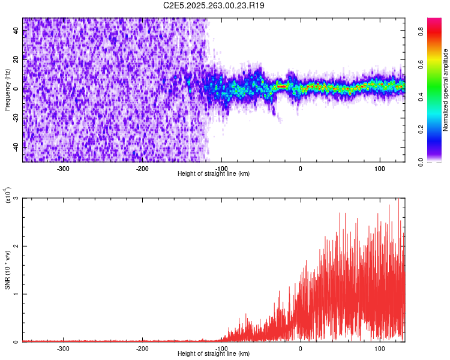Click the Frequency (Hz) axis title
pos(7,90)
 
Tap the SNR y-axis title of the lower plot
pos(7,270)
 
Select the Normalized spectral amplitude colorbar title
pos(446,90)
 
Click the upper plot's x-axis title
pos(214,173)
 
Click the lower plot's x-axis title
pos(214,353)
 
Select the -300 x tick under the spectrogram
pos(63,168)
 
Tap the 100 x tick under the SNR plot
pos(380,348)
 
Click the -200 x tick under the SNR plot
pos(142,348)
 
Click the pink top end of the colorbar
pos(434,22)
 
